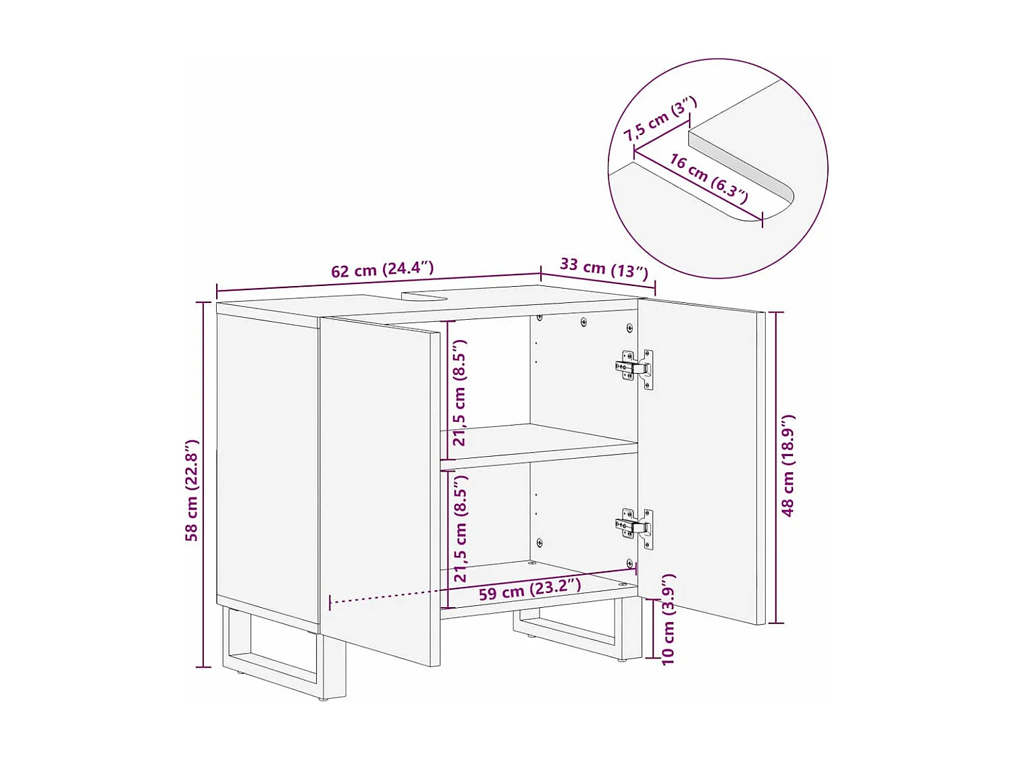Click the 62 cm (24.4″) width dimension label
[x=382, y=269]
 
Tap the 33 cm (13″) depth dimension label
[x=604, y=268]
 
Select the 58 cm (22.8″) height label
[x=192, y=490]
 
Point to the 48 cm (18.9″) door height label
[x=788, y=466]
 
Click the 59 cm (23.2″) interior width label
[x=529, y=589]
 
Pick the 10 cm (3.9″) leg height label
[x=668, y=619]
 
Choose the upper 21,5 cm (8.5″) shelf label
[x=460, y=393]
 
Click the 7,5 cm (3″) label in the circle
[x=659, y=119]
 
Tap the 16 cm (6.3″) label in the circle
[x=708, y=178]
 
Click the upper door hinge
[x=635, y=368]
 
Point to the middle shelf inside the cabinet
[x=540, y=443]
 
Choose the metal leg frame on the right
[x=574, y=631]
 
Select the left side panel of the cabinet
[x=267, y=466]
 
